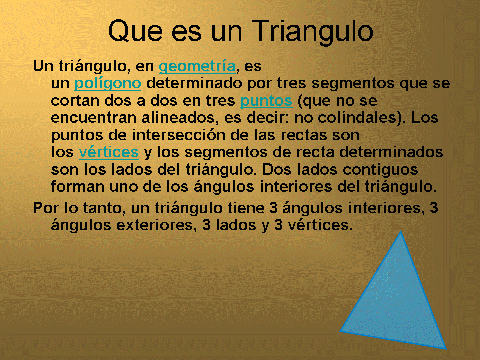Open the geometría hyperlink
click(197, 66)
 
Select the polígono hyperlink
click(107, 83)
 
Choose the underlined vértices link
click(108, 152)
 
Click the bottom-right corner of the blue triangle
click(444, 347)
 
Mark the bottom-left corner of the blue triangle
click(341, 331)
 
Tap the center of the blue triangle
click(396, 305)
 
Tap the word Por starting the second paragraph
click(44, 207)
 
